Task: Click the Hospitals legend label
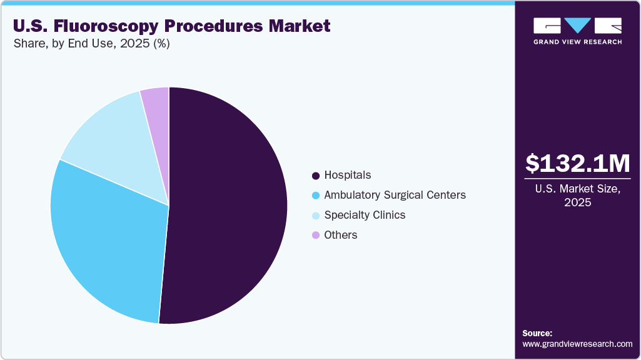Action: (x=347, y=175)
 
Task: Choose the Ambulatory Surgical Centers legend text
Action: (x=395, y=195)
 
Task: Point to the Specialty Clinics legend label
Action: (x=365, y=215)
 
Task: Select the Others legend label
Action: (x=341, y=235)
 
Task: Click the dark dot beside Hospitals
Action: (x=316, y=176)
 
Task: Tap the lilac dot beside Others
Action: (x=316, y=236)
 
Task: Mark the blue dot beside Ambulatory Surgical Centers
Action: (x=316, y=196)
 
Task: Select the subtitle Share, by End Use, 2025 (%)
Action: (x=91, y=44)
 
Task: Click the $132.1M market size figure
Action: (x=577, y=164)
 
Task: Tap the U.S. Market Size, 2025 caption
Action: (x=577, y=196)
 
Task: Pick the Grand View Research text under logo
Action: (x=577, y=42)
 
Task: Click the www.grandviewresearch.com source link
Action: (x=577, y=344)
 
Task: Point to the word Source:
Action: (x=537, y=333)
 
